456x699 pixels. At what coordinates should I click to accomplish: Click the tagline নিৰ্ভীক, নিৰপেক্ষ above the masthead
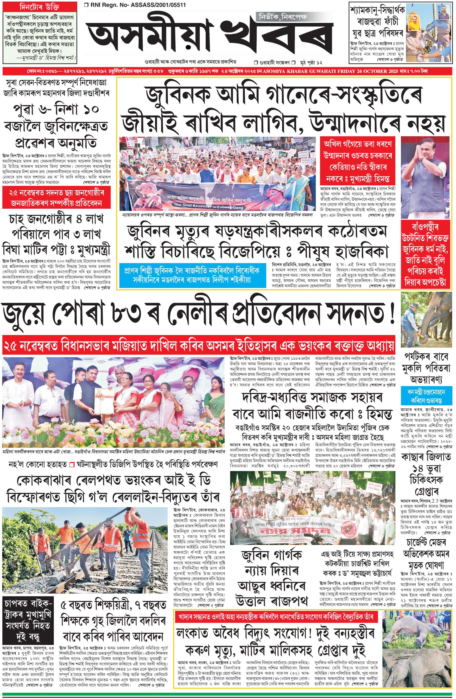[x=282, y=18]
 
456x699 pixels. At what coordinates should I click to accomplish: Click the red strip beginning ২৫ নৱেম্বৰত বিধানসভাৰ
[x=198, y=343]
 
